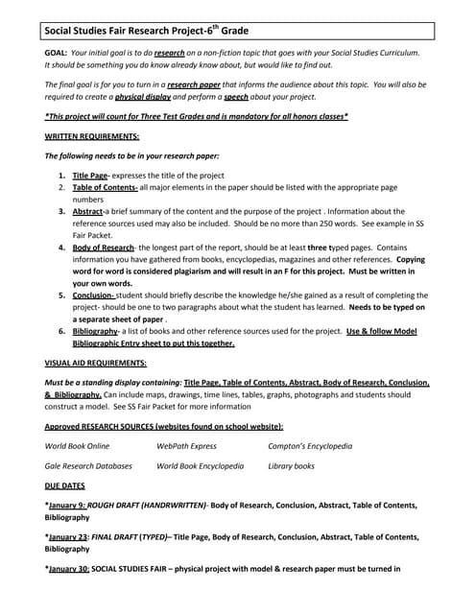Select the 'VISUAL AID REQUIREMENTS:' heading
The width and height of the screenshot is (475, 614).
(96, 364)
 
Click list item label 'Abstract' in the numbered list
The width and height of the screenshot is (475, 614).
(88, 211)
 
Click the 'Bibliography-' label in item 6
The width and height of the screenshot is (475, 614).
(98, 331)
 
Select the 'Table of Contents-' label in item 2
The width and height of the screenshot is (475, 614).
(106, 188)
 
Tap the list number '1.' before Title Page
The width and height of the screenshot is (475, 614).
(61, 176)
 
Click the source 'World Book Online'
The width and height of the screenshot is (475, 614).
(78, 446)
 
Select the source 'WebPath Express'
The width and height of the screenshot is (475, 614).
(186, 446)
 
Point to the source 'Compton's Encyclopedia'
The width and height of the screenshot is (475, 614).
(310, 446)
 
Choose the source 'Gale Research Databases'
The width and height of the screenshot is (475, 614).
(88, 466)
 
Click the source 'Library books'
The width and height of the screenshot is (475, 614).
(291, 466)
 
